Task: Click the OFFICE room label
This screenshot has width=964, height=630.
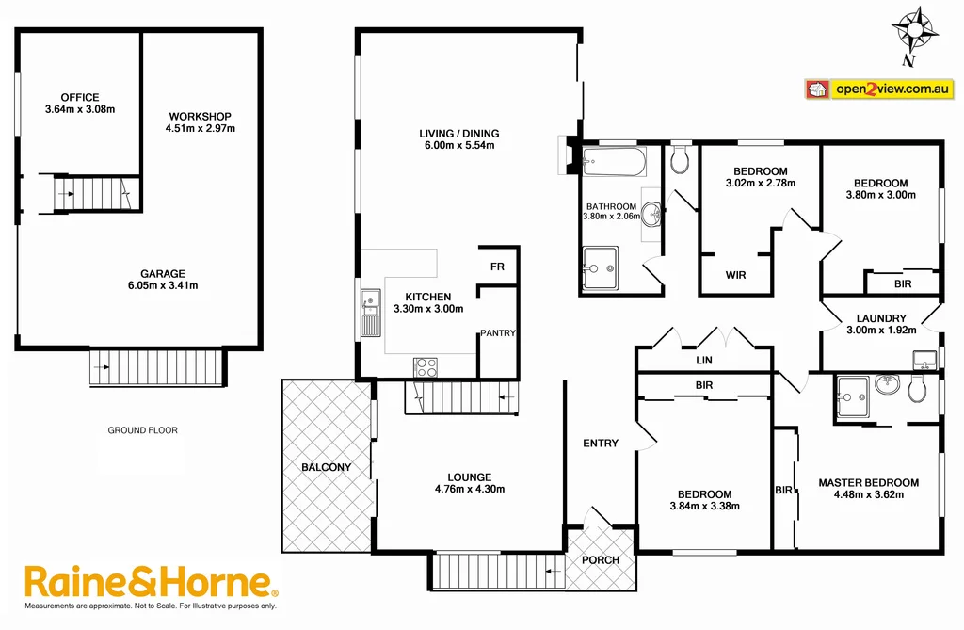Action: pos(80,97)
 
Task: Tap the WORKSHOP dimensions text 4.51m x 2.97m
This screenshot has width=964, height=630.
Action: pos(200,129)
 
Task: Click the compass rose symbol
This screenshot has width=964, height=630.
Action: pos(916,30)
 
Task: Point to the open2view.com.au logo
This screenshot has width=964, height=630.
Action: pos(877,89)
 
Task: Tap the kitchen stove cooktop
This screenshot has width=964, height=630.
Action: pos(426,367)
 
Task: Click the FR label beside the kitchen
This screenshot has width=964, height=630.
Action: pos(497,267)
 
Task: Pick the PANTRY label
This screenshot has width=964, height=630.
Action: pos(498,333)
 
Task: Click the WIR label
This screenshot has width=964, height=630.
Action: pos(736,276)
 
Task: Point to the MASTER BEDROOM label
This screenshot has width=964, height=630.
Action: pos(868,483)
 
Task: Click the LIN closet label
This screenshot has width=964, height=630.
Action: pos(704,361)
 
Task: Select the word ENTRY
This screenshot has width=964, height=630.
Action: pos(601,444)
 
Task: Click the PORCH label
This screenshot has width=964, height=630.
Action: pos(601,560)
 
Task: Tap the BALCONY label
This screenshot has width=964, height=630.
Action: pos(326,467)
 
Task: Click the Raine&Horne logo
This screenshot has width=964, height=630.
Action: pos(151,582)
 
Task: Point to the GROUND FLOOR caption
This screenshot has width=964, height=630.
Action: pos(142,430)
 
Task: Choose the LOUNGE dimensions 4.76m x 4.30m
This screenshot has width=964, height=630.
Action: pos(470,489)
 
